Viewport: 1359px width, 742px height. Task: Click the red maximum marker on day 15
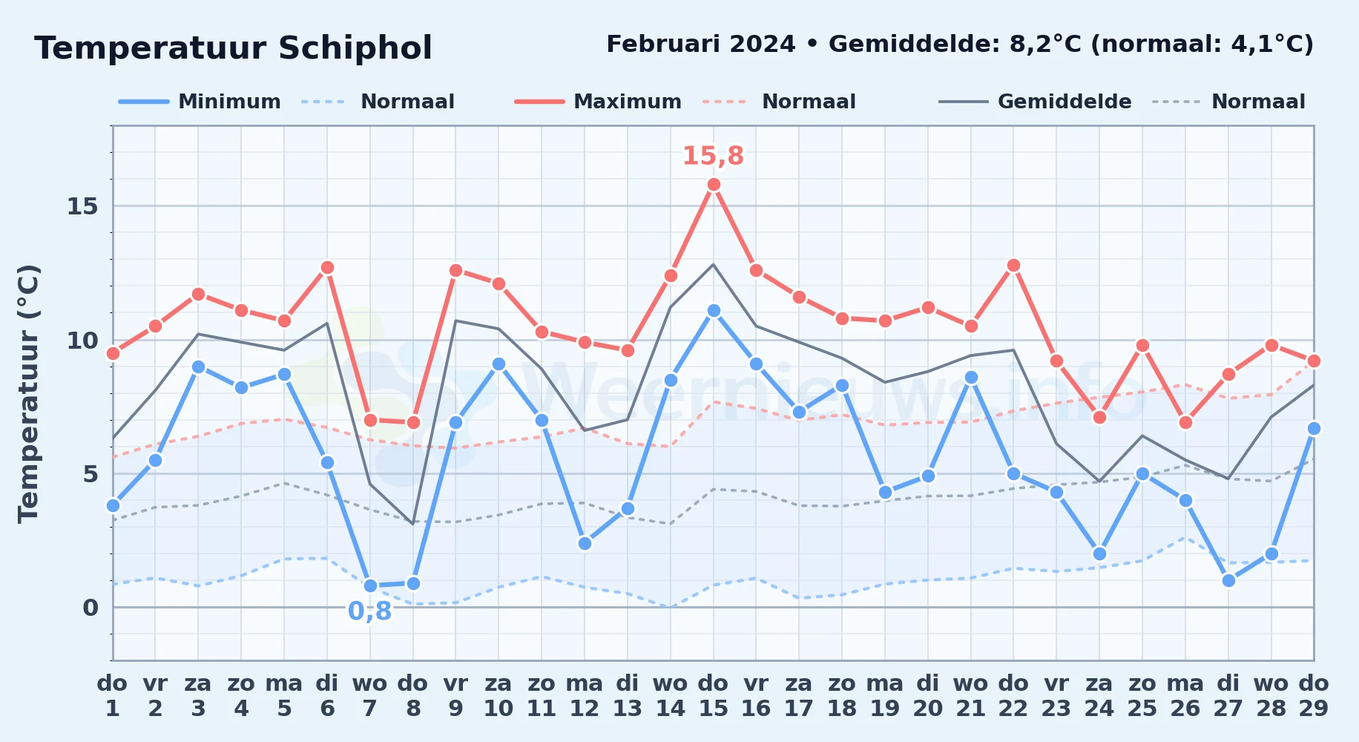714,185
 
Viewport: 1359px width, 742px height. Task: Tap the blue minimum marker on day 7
370,586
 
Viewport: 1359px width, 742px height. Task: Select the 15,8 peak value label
713,156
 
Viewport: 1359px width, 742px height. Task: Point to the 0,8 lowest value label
369,611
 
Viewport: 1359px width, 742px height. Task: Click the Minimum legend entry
200,102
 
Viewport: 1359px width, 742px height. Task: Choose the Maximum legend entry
598,102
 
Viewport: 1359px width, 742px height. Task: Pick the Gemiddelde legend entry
1036,102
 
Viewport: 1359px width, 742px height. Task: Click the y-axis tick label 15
82,206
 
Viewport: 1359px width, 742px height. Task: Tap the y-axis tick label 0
91,608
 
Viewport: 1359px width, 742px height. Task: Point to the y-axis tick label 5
91,474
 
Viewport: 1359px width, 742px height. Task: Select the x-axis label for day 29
1314,696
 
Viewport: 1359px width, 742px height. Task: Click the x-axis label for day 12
585,696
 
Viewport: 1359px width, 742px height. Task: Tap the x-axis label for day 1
113,696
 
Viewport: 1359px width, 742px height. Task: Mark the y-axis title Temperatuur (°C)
28,393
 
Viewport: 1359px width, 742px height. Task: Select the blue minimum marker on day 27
1228,581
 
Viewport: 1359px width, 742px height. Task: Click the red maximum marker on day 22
1013,266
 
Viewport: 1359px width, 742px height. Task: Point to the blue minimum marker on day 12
585,544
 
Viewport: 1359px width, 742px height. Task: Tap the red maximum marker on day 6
327,268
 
